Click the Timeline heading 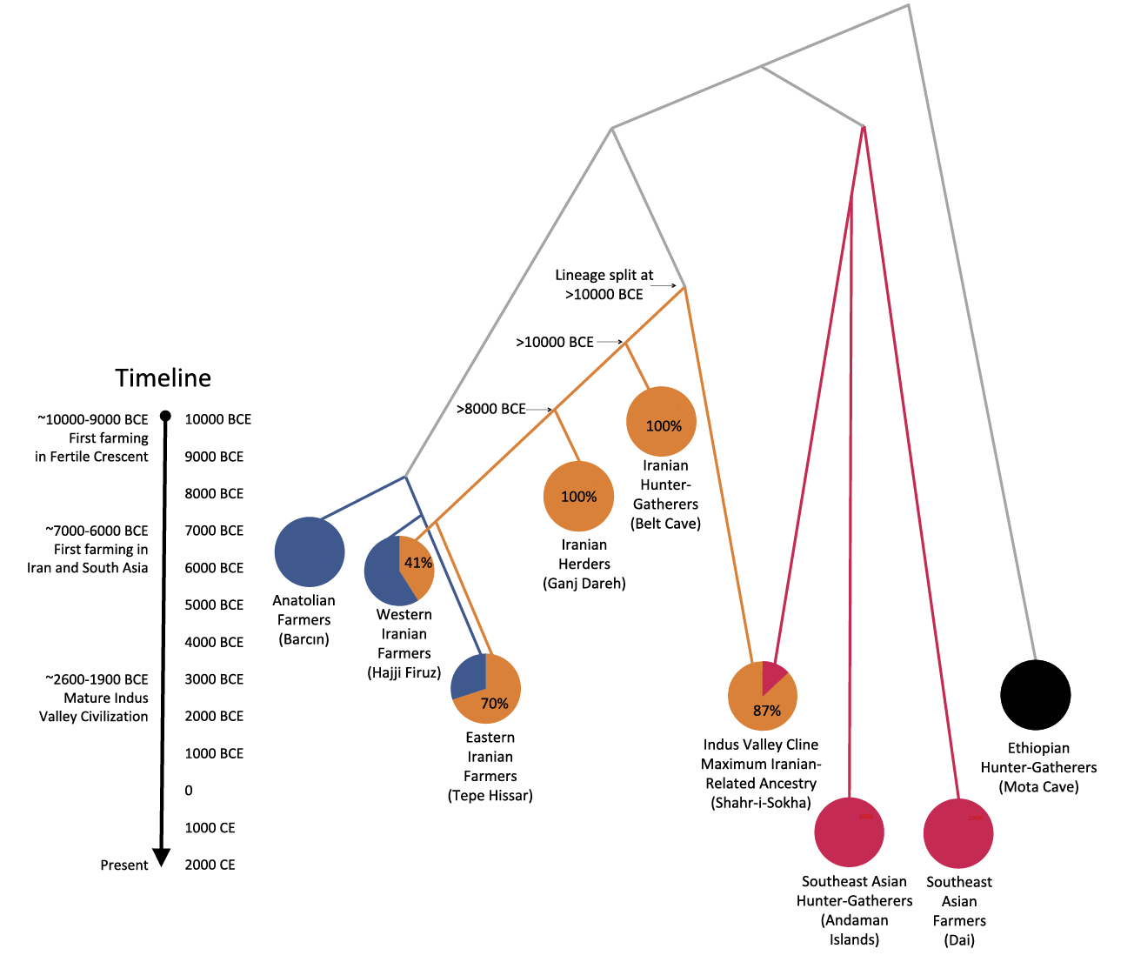(163, 377)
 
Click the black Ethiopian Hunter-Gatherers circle (1035, 695)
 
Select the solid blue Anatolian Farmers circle (310, 551)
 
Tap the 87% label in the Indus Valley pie (767, 711)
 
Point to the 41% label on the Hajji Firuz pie (418, 563)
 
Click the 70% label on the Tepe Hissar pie (494, 704)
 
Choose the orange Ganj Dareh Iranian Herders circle (578, 496)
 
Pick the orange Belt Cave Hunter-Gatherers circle (661, 422)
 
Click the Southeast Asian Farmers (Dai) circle (957, 833)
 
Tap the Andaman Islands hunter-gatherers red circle (849, 832)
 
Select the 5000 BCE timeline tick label (214, 605)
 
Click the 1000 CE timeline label (210, 827)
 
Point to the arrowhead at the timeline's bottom (162, 858)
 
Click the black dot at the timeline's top (165, 417)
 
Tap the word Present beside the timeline (124, 865)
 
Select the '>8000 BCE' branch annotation (491, 409)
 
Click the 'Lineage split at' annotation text (604, 275)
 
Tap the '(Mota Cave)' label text (1038, 786)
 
